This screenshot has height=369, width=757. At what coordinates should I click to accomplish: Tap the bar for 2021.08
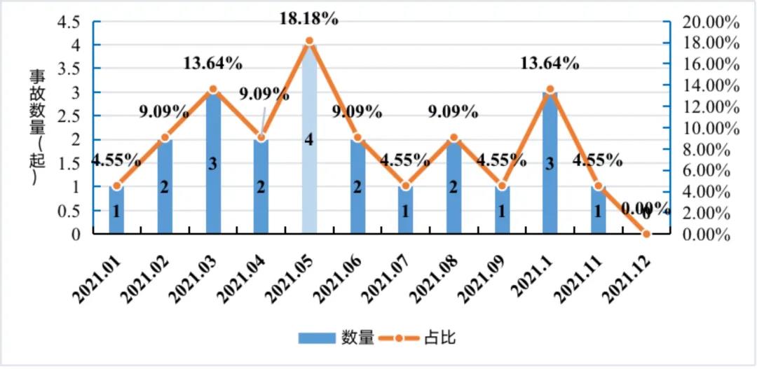tap(454, 203)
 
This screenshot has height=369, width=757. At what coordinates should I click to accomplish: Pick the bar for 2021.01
tap(117, 217)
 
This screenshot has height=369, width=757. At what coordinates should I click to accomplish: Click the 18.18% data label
tap(309, 19)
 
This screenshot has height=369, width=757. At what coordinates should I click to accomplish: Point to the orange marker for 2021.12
tap(646, 233)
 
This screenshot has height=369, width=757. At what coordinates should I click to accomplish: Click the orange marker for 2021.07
tap(406, 186)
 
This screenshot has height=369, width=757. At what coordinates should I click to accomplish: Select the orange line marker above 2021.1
tap(550, 90)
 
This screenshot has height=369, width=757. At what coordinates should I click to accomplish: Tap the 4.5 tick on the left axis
tap(68, 22)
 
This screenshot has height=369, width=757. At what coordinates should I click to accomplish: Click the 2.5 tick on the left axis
tap(68, 116)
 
